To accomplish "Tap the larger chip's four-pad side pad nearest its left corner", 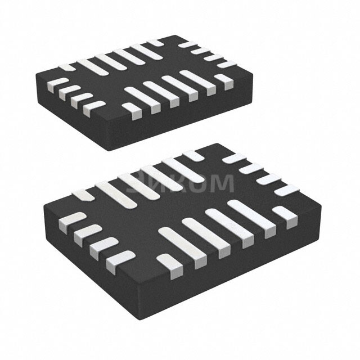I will tap(66, 221).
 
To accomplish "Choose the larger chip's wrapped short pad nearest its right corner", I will tap(283, 217).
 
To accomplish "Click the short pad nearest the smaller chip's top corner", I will tap(186, 43).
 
